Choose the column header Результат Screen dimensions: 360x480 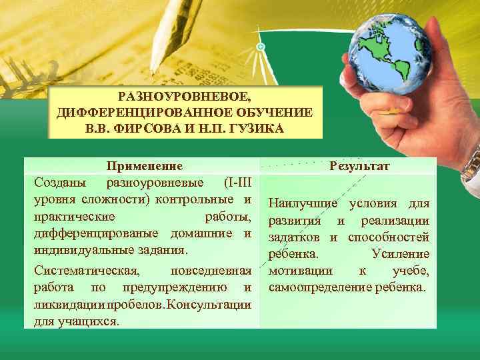361,166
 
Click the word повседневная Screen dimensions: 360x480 211,271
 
